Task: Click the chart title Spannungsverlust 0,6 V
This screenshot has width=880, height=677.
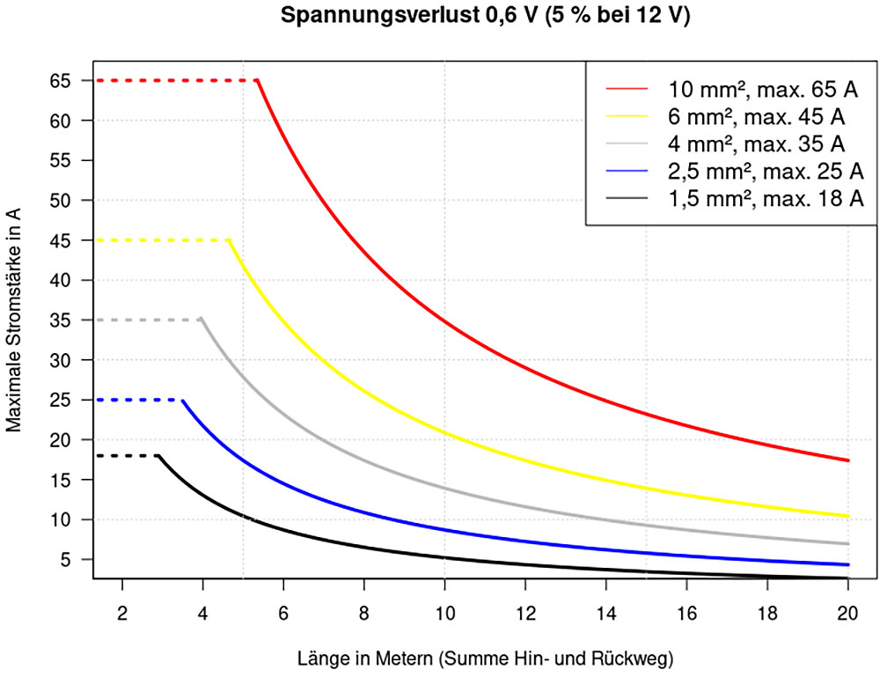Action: pos(486,17)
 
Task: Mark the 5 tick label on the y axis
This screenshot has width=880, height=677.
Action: pos(76,559)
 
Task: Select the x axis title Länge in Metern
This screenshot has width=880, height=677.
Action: pos(485,657)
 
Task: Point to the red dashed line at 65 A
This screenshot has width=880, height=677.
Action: pos(176,80)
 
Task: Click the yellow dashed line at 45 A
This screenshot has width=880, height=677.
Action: pos(163,239)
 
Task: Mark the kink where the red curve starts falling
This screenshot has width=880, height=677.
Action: pos(258,80)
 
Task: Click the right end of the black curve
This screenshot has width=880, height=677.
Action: pos(847,578)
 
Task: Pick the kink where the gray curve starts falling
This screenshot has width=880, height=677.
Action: pos(202,320)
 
